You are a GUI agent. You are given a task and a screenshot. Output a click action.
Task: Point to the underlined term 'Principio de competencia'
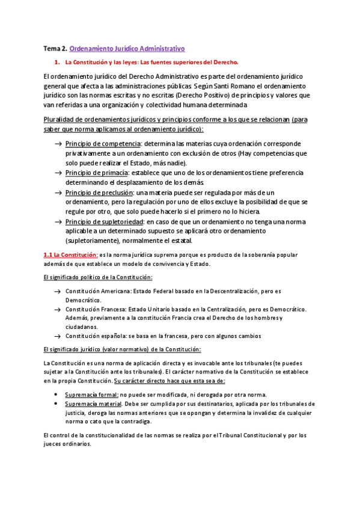103,144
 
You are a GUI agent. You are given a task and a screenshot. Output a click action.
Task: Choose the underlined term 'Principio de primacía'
98,173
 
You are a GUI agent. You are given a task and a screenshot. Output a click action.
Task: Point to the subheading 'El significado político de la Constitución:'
99,277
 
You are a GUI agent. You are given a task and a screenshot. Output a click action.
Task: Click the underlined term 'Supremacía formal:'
92,395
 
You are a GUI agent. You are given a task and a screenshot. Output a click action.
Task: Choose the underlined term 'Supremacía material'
93,404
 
